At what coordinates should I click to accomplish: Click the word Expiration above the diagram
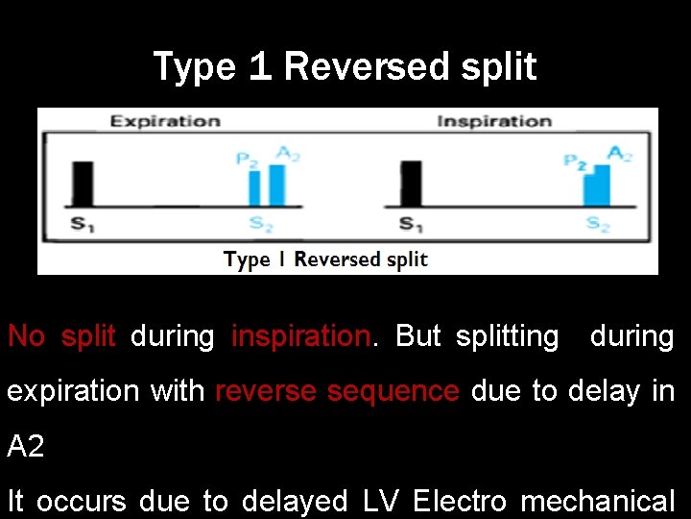tap(165, 121)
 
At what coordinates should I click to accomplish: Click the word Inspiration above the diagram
tap(494, 121)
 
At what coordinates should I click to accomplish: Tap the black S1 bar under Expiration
tap(83, 184)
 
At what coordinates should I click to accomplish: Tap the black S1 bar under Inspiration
tap(411, 184)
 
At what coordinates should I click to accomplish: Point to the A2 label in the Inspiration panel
tap(620, 154)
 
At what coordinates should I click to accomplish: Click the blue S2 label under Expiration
tap(261, 224)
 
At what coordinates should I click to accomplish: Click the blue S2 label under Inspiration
tap(598, 225)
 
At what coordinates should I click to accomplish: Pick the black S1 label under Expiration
tap(83, 224)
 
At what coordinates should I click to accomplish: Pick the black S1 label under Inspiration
tap(412, 224)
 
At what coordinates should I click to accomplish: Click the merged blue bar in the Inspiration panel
tap(597, 186)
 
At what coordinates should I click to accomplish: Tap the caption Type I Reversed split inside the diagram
tap(325, 259)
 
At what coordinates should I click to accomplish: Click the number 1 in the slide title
tap(259, 67)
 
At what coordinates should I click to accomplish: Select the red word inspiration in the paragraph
tap(300, 336)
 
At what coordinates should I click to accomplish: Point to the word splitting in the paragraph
tap(507, 336)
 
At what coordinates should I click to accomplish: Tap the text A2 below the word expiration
tap(26, 446)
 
